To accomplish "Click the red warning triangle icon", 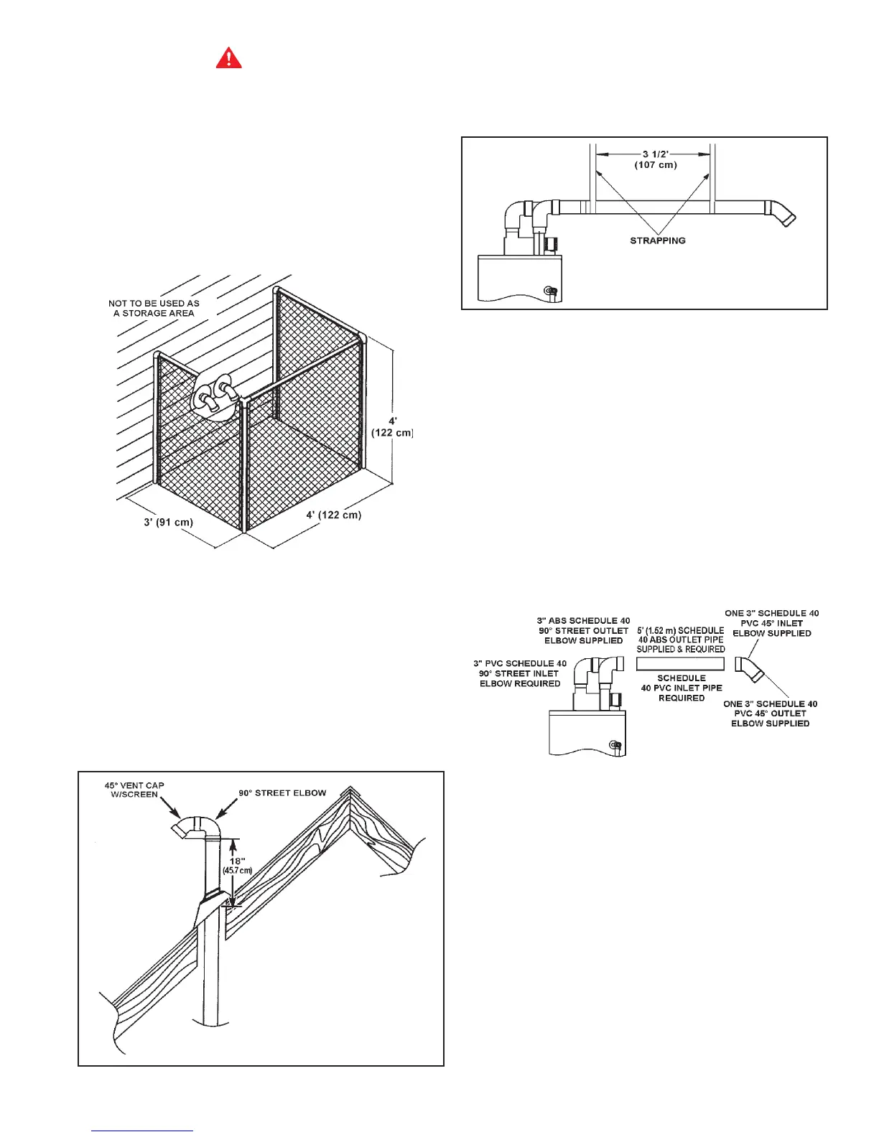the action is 229,57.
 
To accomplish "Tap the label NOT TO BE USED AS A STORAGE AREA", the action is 154,308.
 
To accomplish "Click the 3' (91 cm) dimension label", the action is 168,522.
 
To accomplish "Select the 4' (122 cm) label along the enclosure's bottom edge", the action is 333,515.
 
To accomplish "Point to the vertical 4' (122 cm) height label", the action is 392,427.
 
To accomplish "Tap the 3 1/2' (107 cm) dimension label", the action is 655,159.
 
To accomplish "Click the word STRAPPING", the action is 657,240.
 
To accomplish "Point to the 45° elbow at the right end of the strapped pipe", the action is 782,213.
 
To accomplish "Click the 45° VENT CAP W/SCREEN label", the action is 134,790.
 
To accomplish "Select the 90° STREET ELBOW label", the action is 282,793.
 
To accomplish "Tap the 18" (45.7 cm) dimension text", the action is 237,865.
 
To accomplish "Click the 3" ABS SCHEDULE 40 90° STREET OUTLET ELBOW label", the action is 583,630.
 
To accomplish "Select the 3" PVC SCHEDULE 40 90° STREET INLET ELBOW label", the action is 520,673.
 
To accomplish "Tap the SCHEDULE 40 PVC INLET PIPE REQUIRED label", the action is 682,688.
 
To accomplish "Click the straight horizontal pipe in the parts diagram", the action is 680,664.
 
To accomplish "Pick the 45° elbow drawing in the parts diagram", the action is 749,669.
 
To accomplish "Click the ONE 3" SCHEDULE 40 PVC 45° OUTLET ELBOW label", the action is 770,713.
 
